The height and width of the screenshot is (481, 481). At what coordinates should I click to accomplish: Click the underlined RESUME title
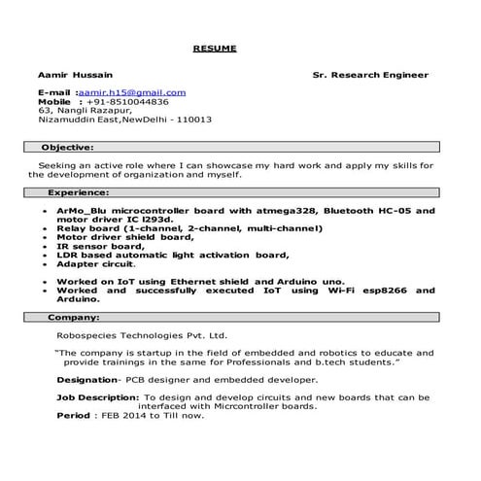pos(214,48)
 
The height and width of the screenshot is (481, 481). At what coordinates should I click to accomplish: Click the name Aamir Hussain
pos(75,75)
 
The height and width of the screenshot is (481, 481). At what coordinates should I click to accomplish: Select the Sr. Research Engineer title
pos(370,75)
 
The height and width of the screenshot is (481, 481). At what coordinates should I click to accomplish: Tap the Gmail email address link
pos(145,92)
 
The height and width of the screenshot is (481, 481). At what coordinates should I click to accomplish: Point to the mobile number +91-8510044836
pos(128,101)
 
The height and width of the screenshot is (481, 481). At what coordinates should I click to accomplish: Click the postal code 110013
pos(191,120)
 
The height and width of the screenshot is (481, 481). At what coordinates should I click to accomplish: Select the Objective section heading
pos(67,147)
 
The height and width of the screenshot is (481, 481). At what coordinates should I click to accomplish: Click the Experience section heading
pos(75,193)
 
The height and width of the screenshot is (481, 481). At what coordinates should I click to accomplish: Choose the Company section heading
pos(73,317)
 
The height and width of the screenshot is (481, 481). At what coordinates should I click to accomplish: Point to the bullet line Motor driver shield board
pos(125,237)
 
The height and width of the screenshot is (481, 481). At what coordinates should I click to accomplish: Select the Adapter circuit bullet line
pos(96,263)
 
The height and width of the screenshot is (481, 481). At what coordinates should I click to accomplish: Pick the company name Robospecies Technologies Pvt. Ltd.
pos(141,333)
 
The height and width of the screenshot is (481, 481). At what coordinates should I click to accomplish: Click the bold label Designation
pos(88,379)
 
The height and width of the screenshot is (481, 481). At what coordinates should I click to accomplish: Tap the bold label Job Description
pos(96,397)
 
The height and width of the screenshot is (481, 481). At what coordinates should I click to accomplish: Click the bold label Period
pos(73,416)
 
